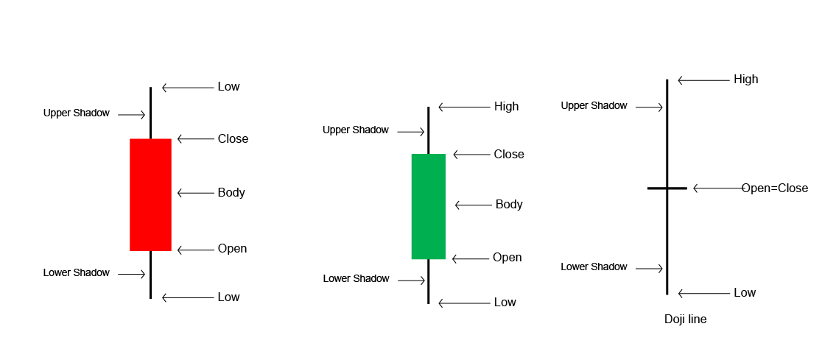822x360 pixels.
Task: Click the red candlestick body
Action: coord(150,194)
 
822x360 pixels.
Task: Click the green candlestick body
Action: coord(428,206)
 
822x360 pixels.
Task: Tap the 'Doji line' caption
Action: coord(685,320)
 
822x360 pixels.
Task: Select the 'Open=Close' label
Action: coord(774,188)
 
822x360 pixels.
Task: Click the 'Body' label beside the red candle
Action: coord(231,193)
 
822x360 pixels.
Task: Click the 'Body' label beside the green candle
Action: coord(509,205)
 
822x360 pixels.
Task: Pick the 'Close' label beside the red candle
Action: coord(233,139)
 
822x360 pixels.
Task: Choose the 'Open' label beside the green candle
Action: coord(507,258)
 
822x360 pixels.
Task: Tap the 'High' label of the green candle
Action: coord(506,107)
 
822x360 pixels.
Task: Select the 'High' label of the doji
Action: coord(745,80)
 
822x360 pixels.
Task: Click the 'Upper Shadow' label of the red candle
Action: coord(77,113)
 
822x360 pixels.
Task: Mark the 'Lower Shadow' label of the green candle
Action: coord(356,279)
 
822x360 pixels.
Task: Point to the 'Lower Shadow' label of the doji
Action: coord(594,267)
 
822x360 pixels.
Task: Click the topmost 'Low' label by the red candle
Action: coord(228,87)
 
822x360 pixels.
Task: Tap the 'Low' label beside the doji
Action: coord(745,293)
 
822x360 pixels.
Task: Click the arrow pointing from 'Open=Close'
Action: coord(718,188)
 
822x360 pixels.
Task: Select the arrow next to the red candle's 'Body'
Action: coord(194,194)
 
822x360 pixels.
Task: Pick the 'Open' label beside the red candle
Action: coord(232,249)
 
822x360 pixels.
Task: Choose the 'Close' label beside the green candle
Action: coord(509,155)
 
